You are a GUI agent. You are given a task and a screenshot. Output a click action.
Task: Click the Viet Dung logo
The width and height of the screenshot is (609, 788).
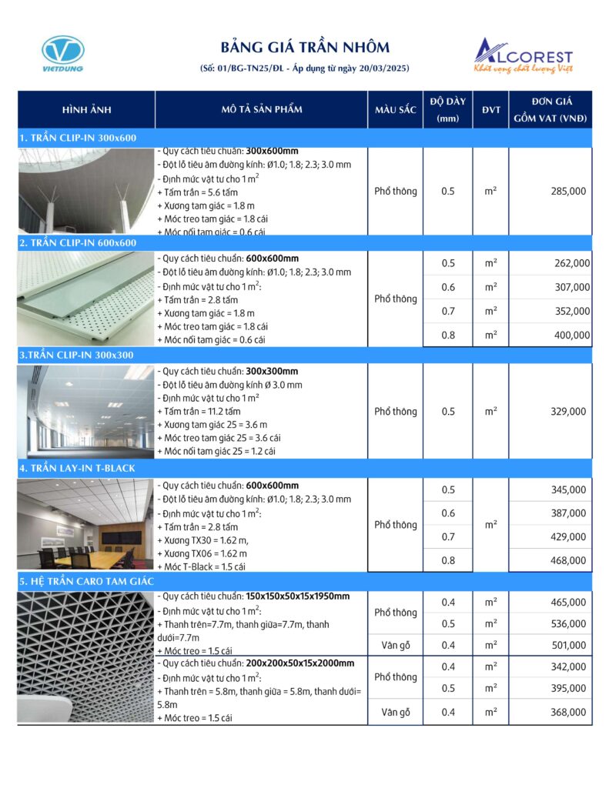point(63,53)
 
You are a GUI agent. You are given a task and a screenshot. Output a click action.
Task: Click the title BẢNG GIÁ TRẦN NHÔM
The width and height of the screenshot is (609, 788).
point(305,48)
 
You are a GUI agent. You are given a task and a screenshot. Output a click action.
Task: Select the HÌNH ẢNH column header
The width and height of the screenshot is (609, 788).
point(85,109)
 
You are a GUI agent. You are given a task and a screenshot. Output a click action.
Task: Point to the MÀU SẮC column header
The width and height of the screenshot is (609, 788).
point(395,109)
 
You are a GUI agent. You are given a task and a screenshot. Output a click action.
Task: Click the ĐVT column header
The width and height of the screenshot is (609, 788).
point(490,109)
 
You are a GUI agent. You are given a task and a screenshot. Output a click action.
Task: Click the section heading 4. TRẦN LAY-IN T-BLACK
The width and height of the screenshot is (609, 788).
point(77,468)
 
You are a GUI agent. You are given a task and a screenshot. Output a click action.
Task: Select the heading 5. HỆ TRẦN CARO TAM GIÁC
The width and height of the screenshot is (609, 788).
point(87,581)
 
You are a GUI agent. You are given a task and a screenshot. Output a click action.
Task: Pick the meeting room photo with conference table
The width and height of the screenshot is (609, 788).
point(85,526)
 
